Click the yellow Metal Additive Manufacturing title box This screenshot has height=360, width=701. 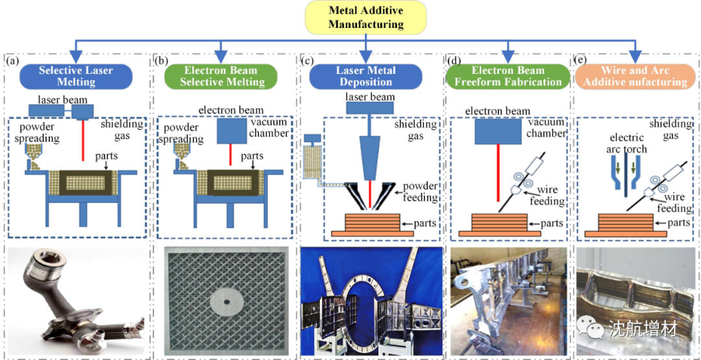pyautogui.click(x=365, y=18)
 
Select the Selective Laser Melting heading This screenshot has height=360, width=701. pyautogui.click(x=76, y=76)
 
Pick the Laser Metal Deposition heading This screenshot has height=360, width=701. pyautogui.click(x=365, y=76)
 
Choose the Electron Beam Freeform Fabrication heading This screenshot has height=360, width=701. pyautogui.click(x=508, y=76)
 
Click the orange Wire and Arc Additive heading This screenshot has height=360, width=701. pyautogui.click(x=635, y=76)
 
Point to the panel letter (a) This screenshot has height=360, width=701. pyautogui.click(x=12, y=61)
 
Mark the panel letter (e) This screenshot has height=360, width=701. pyautogui.click(x=582, y=61)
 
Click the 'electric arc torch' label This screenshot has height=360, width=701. pyautogui.click(x=626, y=143)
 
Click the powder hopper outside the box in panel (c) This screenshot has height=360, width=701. pyautogui.click(x=313, y=163)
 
